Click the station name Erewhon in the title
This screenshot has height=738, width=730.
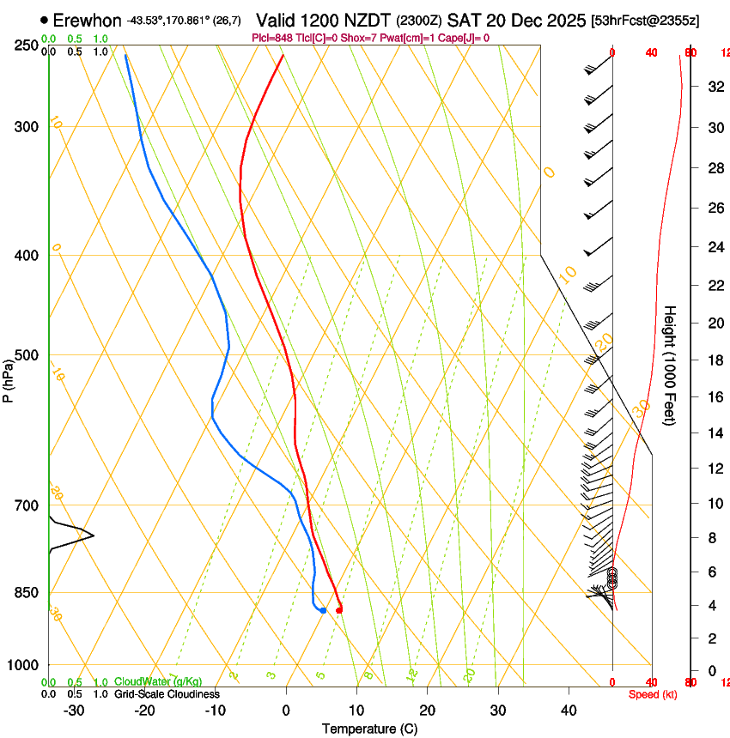[x=87, y=20]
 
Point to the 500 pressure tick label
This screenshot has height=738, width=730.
[x=25, y=355]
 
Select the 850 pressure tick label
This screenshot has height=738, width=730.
[x=25, y=593]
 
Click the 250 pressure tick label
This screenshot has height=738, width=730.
[x=25, y=45]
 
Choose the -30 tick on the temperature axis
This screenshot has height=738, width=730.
[x=74, y=711]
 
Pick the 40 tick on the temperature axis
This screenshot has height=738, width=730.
[x=569, y=711]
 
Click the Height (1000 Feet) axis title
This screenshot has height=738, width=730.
[x=670, y=365]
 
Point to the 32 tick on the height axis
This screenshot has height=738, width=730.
[x=714, y=86]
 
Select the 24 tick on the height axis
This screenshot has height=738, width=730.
[x=714, y=247]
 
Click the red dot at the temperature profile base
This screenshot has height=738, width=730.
[x=340, y=610]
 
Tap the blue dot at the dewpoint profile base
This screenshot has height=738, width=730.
[x=323, y=610]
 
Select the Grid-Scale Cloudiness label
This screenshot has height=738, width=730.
[x=167, y=693]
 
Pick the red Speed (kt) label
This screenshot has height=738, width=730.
[x=653, y=694]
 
